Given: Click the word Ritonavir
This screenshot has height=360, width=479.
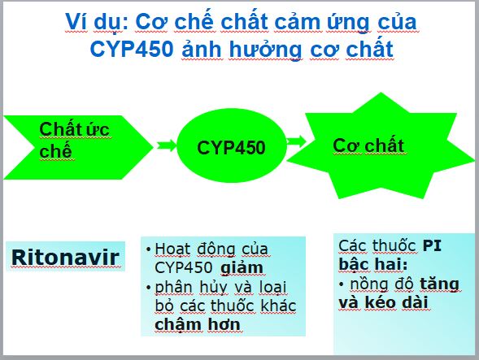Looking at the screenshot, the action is [65, 258].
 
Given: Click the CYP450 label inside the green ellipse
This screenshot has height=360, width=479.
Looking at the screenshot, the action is [231, 148].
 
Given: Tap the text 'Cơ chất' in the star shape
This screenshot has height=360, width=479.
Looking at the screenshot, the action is [368, 145].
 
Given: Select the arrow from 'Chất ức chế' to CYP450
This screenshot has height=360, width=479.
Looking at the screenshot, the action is [167, 145].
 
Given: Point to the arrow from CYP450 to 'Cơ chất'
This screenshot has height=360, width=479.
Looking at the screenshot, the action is [296, 141].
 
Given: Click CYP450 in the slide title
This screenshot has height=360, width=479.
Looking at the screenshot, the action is [132, 49].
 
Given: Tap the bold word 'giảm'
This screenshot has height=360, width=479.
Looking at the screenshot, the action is [242, 268].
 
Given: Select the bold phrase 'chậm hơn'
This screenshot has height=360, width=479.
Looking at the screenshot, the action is [198, 324].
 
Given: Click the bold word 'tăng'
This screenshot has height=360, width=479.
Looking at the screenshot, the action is [439, 284].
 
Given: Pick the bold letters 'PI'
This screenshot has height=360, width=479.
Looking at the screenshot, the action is [432, 245].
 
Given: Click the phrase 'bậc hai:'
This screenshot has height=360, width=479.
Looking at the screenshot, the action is [373, 264].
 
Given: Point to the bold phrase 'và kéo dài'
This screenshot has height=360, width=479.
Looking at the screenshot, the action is [383, 302].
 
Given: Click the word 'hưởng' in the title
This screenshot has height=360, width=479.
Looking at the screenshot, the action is [265, 50].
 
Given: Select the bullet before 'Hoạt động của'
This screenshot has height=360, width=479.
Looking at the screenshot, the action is [149, 249].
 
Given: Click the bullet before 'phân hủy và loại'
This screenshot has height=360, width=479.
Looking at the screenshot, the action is [149, 288].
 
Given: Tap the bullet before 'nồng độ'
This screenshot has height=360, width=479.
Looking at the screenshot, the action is [342, 284].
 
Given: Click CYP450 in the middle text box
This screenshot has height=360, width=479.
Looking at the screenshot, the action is [183, 267].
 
